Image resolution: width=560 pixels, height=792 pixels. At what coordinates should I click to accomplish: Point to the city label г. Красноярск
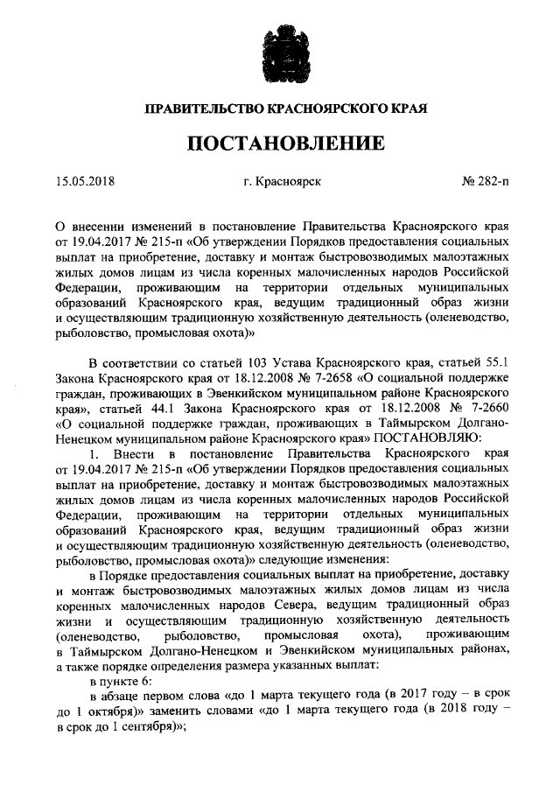[x=283, y=183]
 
